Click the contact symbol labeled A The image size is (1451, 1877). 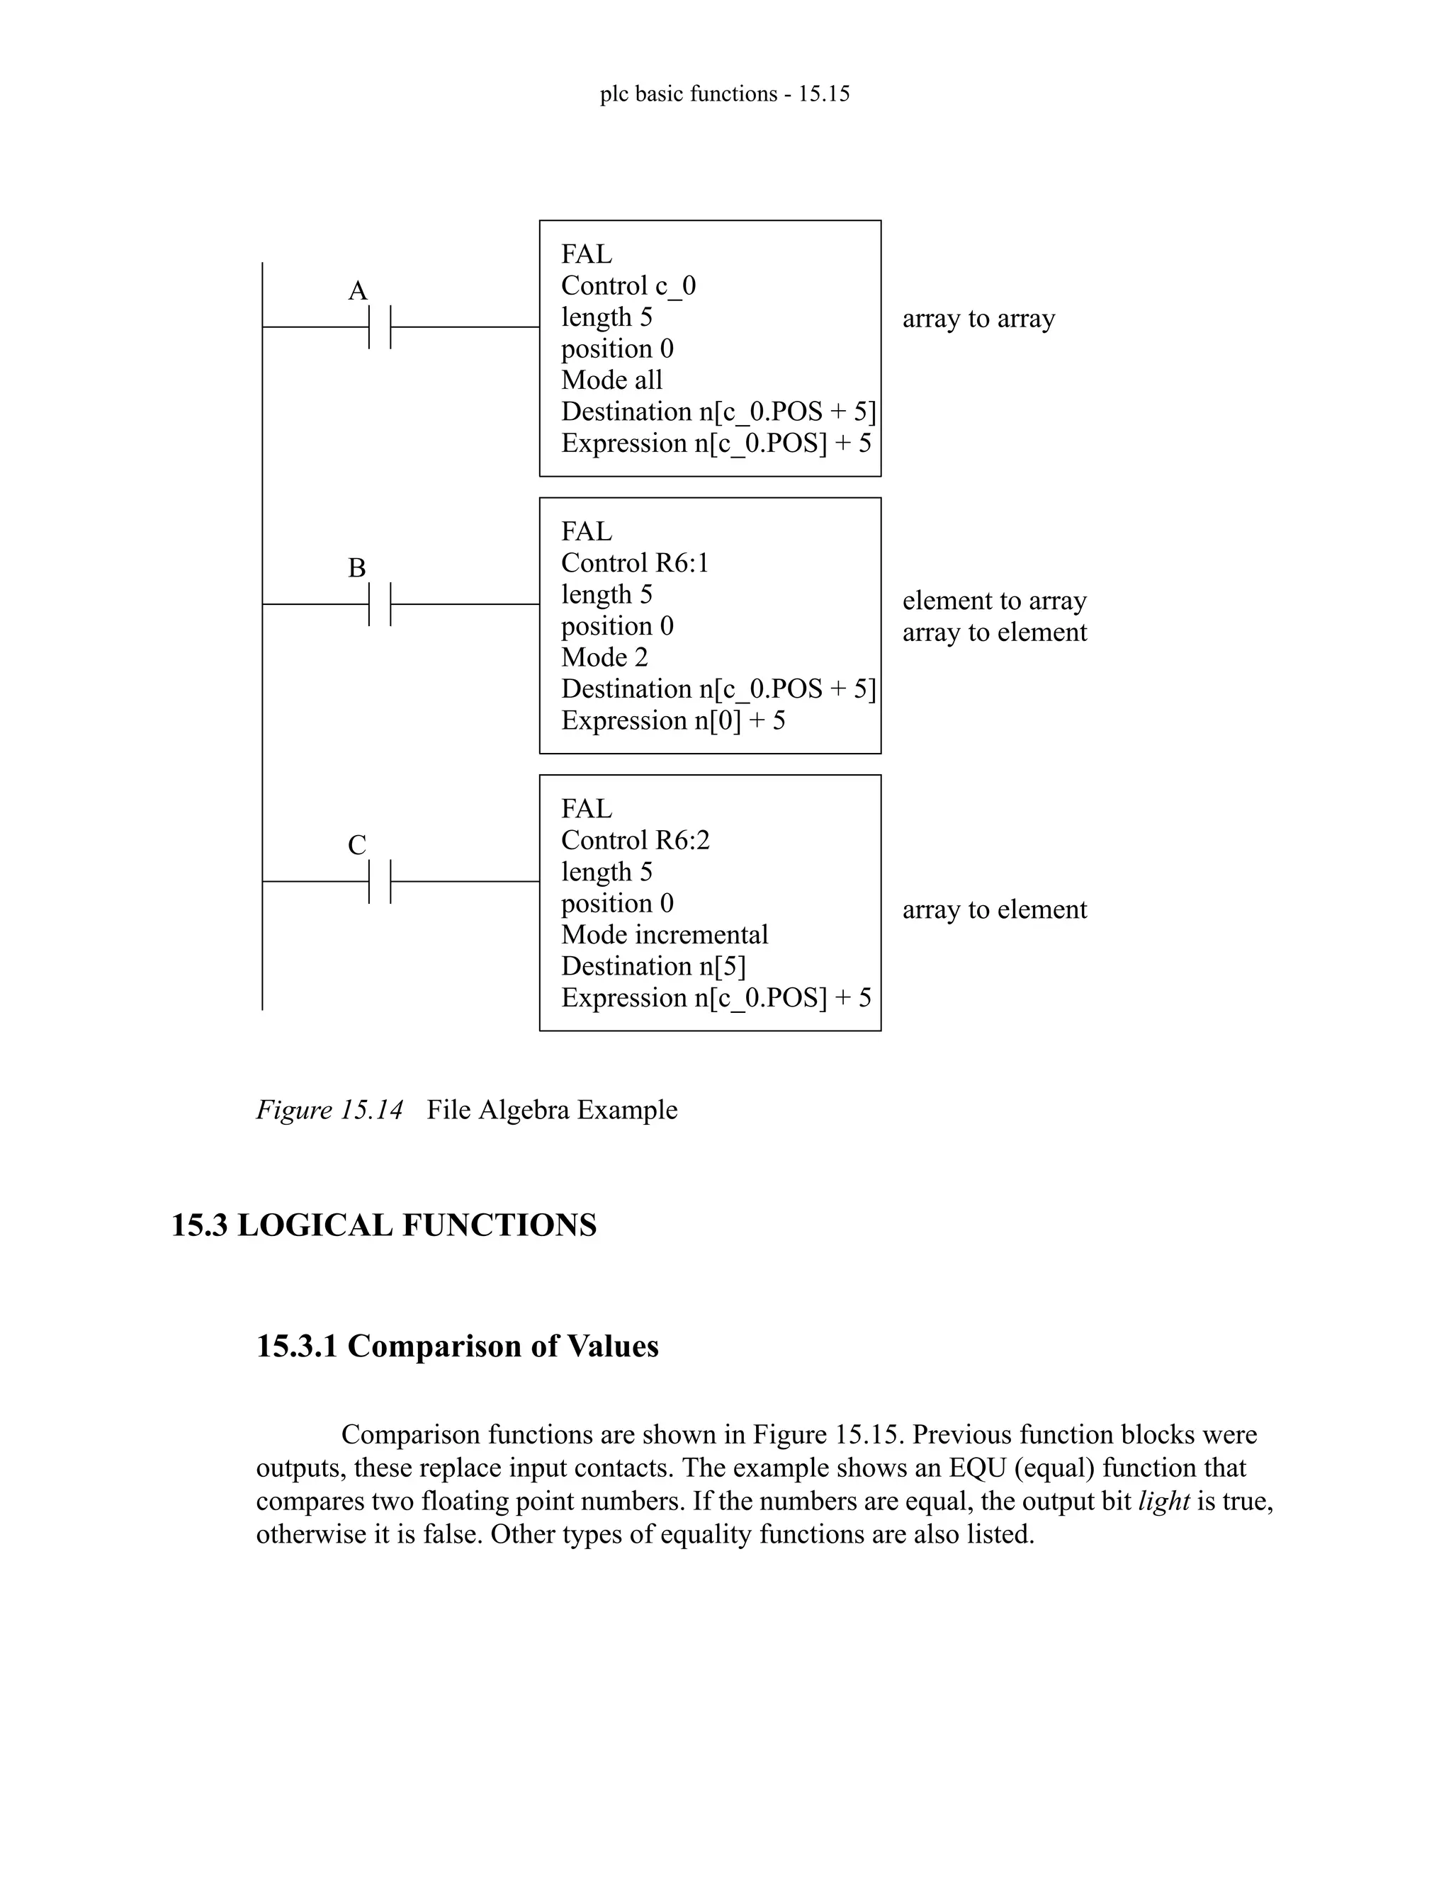point(379,327)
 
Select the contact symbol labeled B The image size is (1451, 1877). point(379,604)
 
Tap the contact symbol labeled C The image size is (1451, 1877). point(379,881)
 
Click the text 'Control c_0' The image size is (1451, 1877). point(628,286)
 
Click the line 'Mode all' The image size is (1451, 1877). point(611,380)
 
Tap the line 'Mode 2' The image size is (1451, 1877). point(604,657)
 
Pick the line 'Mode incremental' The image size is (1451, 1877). point(665,935)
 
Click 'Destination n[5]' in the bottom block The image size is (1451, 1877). point(653,967)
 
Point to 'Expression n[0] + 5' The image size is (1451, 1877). point(673,720)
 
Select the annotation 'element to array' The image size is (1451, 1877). point(995,601)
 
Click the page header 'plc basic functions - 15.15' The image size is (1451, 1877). point(725,93)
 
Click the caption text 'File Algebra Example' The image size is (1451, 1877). point(552,1109)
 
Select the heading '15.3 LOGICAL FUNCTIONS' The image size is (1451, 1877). point(383,1225)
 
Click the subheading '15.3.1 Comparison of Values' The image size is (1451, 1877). point(457,1346)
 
